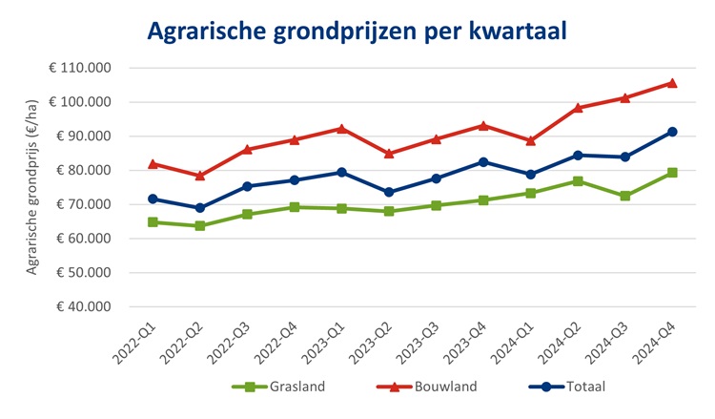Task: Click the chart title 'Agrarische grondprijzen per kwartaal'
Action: (357, 31)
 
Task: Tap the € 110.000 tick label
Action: (80, 69)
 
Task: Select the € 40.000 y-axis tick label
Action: (80, 306)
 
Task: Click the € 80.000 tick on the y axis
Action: (80, 170)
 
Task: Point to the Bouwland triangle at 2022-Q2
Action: (199, 176)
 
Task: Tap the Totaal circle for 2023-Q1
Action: (341, 172)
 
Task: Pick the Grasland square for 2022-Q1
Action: (153, 222)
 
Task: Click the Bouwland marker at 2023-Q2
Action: (388, 153)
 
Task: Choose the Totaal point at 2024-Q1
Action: (530, 175)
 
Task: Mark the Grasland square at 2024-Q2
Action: (578, 180)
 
